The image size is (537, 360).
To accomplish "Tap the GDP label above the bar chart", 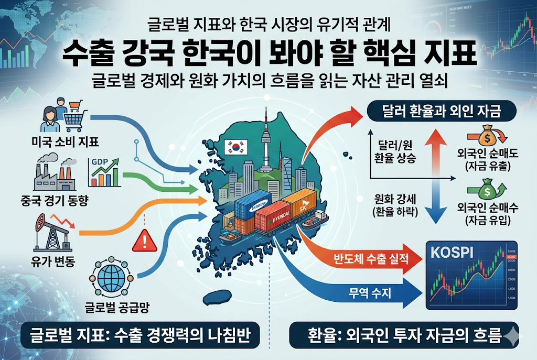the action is pyautogui.click(x=100, y=162).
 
